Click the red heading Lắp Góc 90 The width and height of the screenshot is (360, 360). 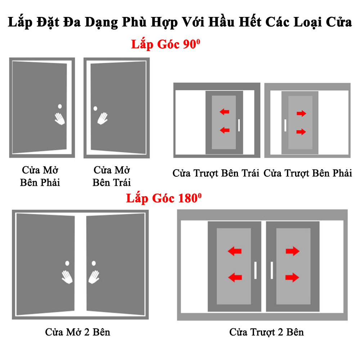click(x=166, y=44)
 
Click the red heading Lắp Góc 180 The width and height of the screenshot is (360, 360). click(x=164, y=198)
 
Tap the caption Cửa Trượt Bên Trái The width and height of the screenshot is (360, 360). click(x=216, y=174)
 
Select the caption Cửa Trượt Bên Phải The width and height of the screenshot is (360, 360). click(x=308, y=174)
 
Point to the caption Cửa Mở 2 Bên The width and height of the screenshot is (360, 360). click(x=78, y=332)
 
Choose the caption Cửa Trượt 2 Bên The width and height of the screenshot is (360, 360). click(x=266, y=332)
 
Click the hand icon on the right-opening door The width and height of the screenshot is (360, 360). click(x=60, y=119)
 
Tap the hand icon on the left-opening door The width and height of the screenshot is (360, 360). click(x=102, y=118)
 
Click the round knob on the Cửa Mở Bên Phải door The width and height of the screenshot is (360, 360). click(x=60, y=106)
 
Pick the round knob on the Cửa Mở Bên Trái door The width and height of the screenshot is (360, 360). click(x=95, y=108)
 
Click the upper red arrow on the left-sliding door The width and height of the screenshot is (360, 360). click(x=224, y=112)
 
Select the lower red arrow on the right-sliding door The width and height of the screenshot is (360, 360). click(x=301, y=132)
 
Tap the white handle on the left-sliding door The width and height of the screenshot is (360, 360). click(x=239, y=125)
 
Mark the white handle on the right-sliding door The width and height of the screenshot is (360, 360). click(x=285, y=125)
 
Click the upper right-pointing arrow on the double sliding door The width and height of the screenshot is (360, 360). click(x=292, y=251)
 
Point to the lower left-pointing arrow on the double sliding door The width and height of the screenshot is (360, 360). click(x=235, y=277)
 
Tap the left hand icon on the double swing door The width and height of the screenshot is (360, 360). click(x=67, y=277)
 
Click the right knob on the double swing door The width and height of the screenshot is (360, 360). click(x=94, y=263)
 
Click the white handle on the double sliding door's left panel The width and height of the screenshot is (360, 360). click(x=255, y=270)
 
